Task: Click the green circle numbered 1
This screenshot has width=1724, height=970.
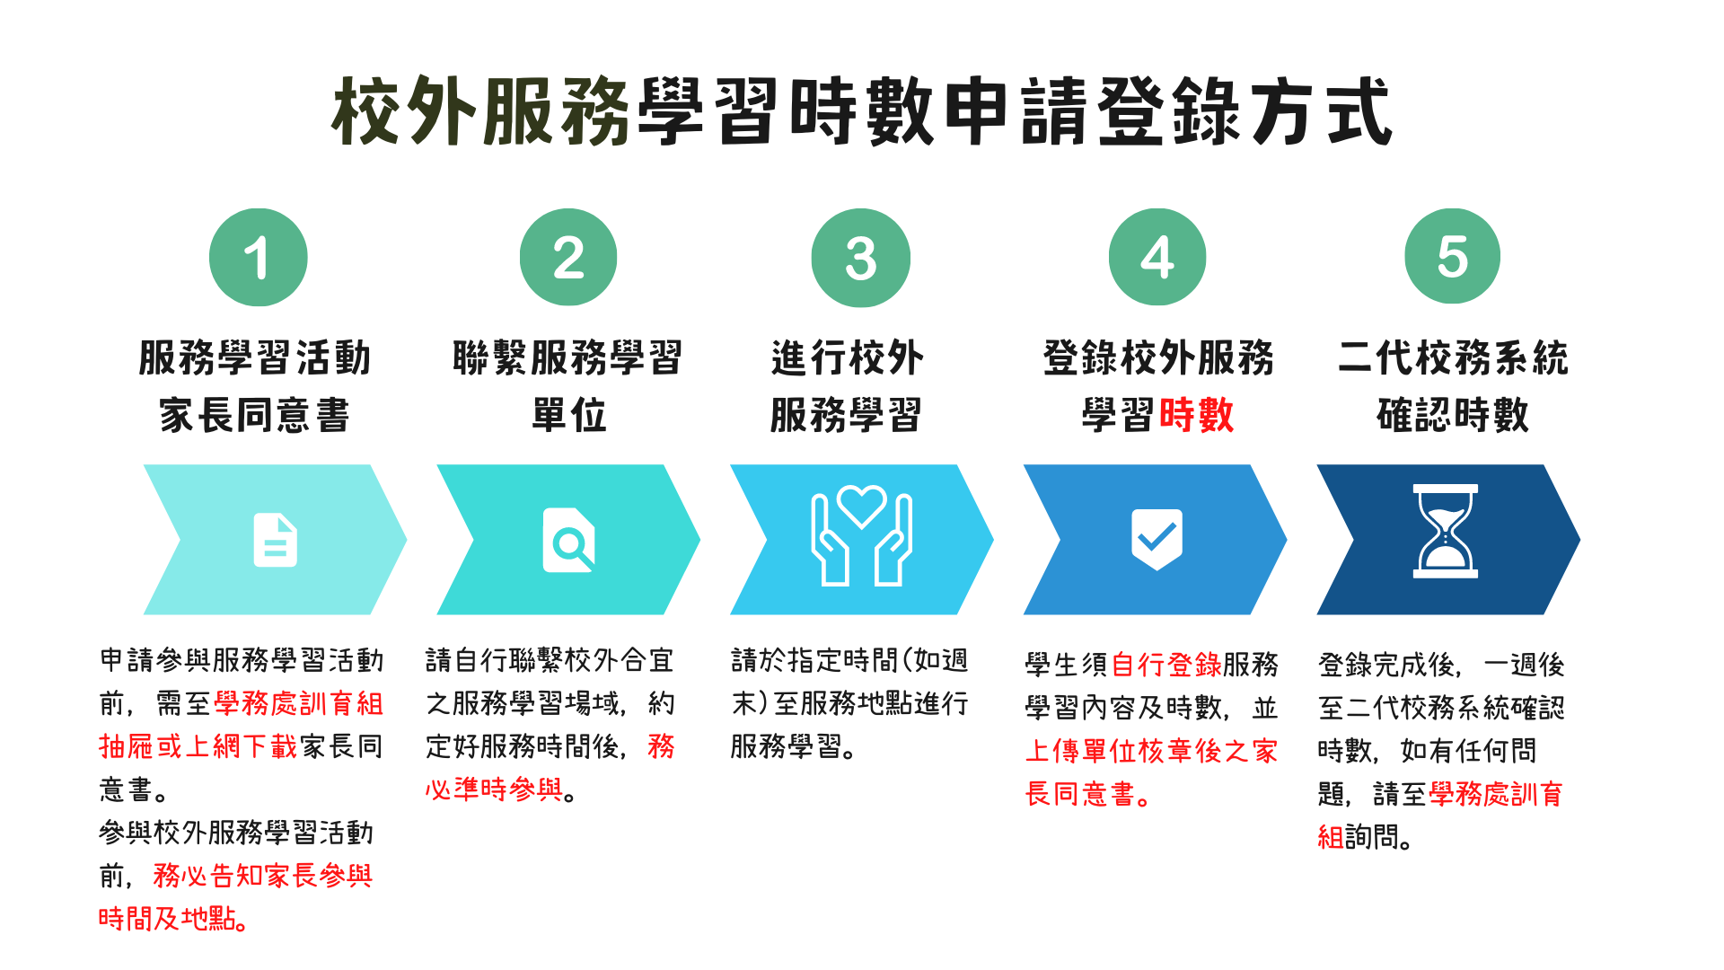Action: [259, 258]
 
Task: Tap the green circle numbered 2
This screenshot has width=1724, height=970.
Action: [568, 258]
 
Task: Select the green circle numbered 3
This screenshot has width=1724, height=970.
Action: [861, 258]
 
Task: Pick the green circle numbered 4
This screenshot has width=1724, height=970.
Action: [1157, 258]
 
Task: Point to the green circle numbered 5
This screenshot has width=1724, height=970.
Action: [1453, 257]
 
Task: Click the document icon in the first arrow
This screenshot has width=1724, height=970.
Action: [276, 540]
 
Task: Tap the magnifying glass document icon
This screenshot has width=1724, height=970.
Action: [569, 540]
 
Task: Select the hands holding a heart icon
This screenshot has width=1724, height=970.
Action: [862, 536]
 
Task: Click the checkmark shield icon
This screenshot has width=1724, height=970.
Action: [1157, 539]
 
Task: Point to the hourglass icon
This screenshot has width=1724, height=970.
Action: [1446, 531]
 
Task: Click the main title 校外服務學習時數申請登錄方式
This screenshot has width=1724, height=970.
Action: [862, 111]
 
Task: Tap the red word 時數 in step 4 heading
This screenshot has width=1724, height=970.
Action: [1196, 415]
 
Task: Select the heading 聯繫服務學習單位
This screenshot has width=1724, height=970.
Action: [568, 386]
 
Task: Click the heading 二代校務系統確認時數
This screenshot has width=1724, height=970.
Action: [1453, 386]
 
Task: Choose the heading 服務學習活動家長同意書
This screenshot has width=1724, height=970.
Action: [255, 386]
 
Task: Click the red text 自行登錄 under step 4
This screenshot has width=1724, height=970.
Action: [1166, 665]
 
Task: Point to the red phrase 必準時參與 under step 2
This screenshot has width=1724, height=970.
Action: [494, 789]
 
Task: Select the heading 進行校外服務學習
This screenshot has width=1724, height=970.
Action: [847, 386]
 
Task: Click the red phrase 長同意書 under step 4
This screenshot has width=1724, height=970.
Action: [1082, 794]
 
